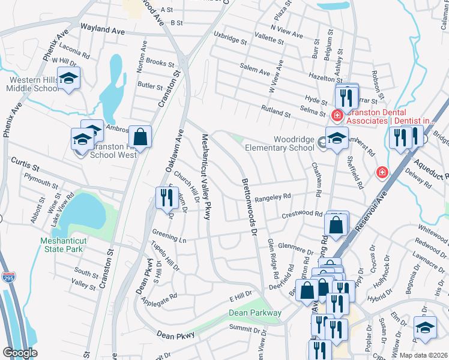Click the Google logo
click(20, 353)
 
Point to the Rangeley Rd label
click(273, 196)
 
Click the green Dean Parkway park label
click(255, 313)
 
